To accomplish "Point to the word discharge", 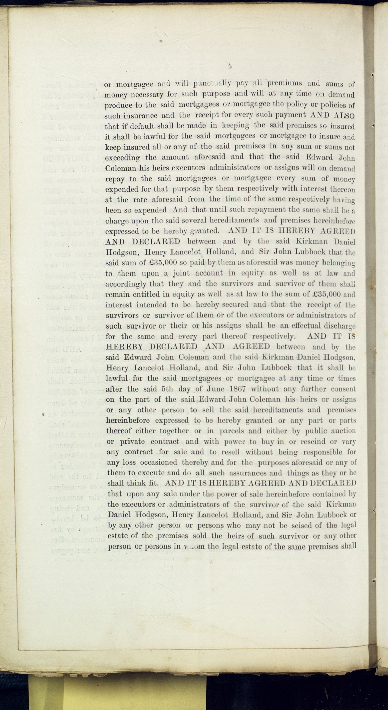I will (340, 326).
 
